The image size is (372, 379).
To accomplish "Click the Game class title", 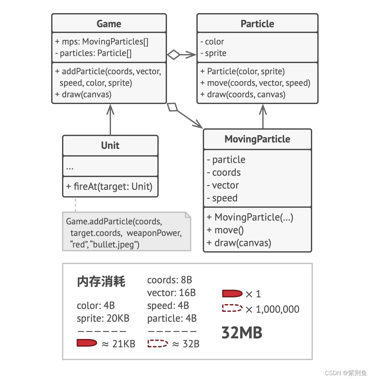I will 109,24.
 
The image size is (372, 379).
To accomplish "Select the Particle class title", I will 257,24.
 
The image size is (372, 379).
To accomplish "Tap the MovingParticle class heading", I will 257,139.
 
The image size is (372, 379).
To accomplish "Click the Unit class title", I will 110,145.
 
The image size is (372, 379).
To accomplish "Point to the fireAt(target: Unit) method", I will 109,186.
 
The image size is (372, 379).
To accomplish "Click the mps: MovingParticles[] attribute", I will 102,42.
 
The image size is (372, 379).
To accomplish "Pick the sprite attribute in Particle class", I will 213,53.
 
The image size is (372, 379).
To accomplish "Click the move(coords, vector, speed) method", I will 255,83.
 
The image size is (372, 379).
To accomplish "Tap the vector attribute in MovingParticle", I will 223,185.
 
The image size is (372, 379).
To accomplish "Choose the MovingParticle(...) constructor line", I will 250,217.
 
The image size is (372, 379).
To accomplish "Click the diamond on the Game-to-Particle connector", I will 174,55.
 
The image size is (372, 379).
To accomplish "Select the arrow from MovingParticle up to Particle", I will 263,116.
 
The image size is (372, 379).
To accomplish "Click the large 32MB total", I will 242,333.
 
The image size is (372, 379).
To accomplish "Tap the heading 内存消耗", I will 101,281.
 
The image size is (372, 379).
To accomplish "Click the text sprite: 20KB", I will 103,319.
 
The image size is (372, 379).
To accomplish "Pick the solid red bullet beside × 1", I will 232,294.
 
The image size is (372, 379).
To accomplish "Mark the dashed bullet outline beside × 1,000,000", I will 232,308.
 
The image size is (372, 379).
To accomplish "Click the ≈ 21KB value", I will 119,344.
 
